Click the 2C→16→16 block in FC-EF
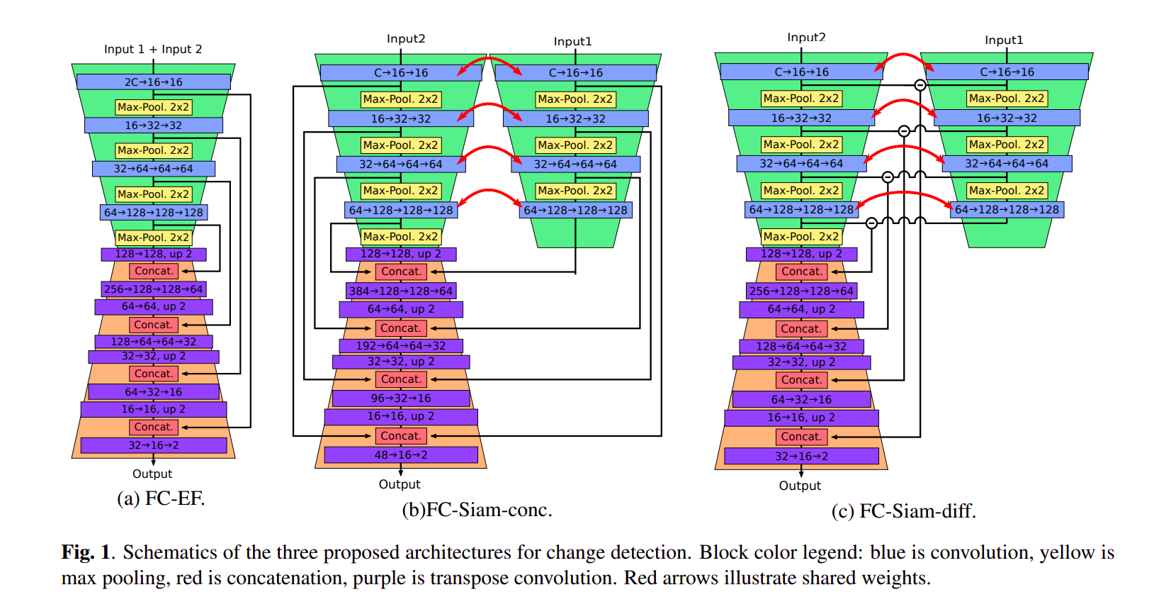[153, 82]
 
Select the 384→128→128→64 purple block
[400, 291]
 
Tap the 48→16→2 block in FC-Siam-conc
[400, 455]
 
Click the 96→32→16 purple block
[400, 398]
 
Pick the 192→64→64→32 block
[400, 346]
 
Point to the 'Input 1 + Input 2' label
[153, 50]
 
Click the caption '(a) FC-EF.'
[161, 498]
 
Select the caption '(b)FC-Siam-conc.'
[477, 510]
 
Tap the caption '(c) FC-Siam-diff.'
[903, 511]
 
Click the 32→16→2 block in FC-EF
[153, 445]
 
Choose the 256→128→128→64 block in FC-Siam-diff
[801, 291]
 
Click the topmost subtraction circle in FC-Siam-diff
[919, 85]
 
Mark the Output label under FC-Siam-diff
[800, 486]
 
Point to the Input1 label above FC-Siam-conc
[572, 42]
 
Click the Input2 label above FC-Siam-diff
[806, 38]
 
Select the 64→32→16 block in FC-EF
[153, 392]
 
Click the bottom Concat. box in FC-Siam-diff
[801, 437]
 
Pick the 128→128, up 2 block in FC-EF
[153, 254]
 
